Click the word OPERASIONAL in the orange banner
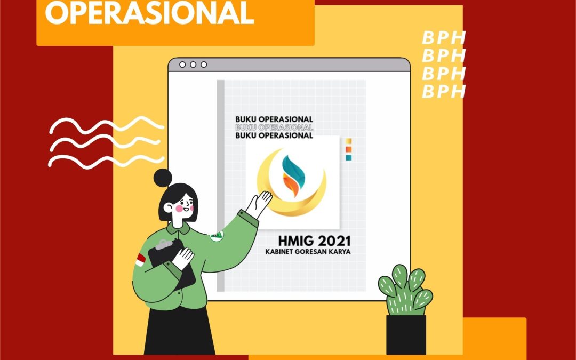tap(149, 13)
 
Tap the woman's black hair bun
tap(163, 178)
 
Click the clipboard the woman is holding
tap(172, 262)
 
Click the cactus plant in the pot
tap(405, 290)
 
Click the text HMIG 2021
tap(314, 241)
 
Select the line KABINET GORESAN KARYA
tap(308, 252)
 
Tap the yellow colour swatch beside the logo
tap(349, 141)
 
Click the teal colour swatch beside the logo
tap(349, 157)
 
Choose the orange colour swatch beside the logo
tap(349, 149)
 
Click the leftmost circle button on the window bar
tap(182, 65)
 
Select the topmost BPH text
tap(444, 38)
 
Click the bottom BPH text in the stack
tap(444, 92)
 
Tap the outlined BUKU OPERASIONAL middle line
tap(274, 127)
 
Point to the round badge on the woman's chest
tap(217, 236)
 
